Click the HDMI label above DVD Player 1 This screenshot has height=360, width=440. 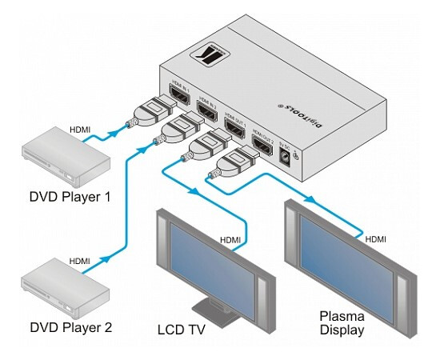point(81,128)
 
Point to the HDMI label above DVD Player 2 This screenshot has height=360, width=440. point(80,261)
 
